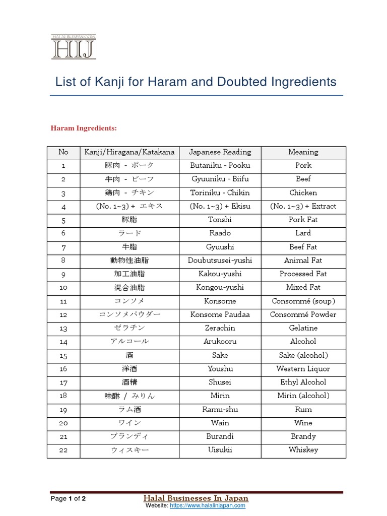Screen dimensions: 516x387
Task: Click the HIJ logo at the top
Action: point(73,47)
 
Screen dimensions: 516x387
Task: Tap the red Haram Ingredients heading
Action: point(84,128)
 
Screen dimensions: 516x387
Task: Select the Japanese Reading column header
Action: point(220,152)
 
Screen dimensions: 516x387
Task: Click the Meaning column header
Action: point(303,152)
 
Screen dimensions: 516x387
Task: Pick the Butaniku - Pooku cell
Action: point(220,165)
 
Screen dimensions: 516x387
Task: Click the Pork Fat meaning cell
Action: point(303,220)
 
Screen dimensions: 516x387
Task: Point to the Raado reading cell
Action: point(220,233)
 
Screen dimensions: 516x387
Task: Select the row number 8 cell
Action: point(63,261)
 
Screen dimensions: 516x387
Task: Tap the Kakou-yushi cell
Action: point(220,274)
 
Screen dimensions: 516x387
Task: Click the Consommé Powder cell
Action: point(303,314)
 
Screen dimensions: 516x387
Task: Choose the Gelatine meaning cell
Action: point(303,328)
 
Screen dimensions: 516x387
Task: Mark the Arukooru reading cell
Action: point(220,342)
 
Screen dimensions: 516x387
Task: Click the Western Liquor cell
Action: point(303,369)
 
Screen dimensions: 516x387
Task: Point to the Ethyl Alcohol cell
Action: point(303,382)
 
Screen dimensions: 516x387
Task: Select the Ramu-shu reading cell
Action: point(220,410)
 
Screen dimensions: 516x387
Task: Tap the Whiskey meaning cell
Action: point(303,450)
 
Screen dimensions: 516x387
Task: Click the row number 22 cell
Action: point(63,450)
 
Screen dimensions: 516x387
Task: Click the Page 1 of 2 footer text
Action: point(68,499)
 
